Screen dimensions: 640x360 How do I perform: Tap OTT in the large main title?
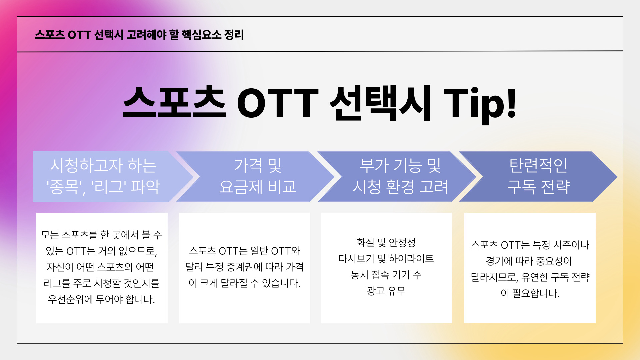(278, 103)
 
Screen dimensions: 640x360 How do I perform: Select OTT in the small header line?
(79, 35)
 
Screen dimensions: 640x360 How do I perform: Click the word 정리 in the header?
(234, 35)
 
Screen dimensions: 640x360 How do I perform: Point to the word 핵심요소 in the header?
(201, 35)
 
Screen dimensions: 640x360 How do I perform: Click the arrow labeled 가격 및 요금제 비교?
(255, 177)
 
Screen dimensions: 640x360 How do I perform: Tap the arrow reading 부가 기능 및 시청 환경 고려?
(397, 177)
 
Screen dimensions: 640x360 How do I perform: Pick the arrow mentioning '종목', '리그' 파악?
(113, 177)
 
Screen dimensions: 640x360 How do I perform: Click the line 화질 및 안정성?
(386, 242)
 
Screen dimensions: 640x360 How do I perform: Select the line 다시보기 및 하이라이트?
(386, 259)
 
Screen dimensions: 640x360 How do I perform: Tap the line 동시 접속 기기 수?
(386, 275)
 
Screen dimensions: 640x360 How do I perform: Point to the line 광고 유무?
(386, 291)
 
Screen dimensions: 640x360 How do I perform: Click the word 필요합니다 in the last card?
(536, 293)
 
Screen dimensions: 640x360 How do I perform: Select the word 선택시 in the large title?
(380, 103)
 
